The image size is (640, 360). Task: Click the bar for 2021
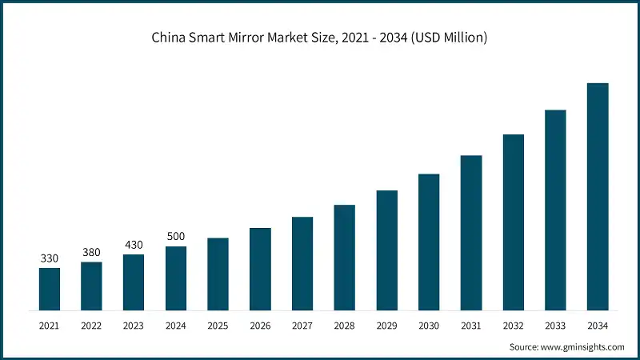tap(50, 289)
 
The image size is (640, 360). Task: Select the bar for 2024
tap(176, 278)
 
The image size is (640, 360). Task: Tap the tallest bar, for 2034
tap(598, 197)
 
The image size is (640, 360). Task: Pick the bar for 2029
tap(386, 250)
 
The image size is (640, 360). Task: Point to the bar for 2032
tap(513, 222)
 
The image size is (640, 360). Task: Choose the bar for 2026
tap(260, 269)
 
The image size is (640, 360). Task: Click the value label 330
tap(50, 258)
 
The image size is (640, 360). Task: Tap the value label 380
tap(91, 253)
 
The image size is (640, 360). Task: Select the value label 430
tap(134, 246)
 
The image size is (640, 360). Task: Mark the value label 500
tap(176, 238)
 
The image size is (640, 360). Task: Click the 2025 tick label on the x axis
tap(218, 326)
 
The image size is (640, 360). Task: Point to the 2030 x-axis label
tap(429, 326)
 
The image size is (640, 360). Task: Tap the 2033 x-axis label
tap(555, 326)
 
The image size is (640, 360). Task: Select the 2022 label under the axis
tap(91, 326)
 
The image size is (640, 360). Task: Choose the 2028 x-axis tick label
tap(344, 326)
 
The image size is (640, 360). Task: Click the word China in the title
tap(170, 38)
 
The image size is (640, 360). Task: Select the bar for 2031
tap(471, 233)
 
